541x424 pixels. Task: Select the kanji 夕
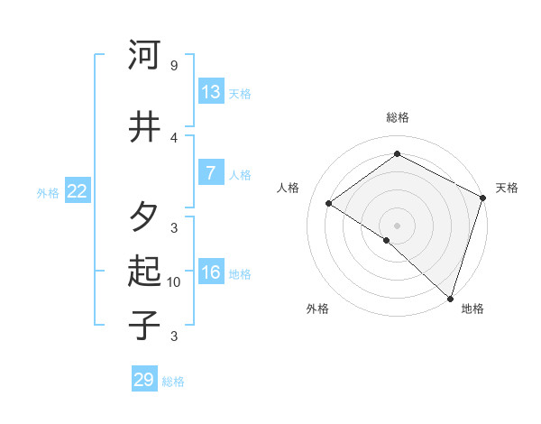pos(144,217)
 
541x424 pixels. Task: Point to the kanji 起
pos(144,272)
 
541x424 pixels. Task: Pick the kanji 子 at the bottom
pos(144,325)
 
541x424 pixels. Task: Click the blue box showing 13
pos(211,91)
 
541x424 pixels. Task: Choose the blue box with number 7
pos(211,173)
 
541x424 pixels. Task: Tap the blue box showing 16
pos(211,272)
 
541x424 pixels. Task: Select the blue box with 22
pos(78,190)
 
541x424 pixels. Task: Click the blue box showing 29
pos(144,380)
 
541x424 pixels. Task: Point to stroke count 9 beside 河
pos(173,66)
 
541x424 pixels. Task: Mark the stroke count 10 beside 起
pos(174,282)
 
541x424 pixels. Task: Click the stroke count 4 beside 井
pos(174,137)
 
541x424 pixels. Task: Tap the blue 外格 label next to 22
pos(48,192)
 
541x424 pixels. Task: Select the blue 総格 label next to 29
pos(173,382)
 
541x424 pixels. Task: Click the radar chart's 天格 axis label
pos(507,188)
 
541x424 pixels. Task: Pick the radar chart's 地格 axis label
pos(472,309)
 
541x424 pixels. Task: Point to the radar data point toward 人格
pos(329,203)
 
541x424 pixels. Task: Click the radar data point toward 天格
pos(483,198)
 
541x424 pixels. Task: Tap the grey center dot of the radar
pos(397,225)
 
